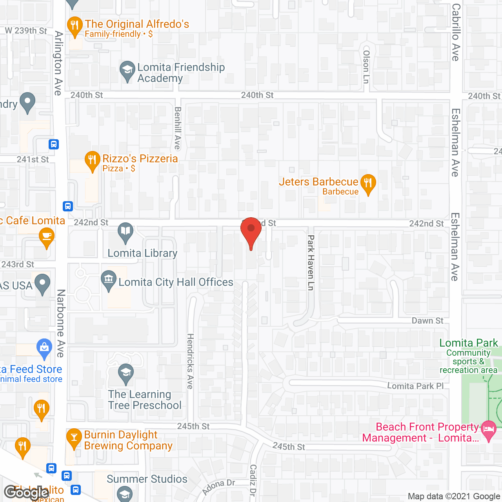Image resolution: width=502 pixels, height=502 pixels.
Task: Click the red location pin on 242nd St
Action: [251, 230]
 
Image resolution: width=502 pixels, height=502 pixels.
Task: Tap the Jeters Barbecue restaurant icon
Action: [368, 183]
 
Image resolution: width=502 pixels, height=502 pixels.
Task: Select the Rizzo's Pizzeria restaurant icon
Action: [92, 160]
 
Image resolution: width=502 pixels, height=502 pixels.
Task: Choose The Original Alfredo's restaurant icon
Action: [74, 25]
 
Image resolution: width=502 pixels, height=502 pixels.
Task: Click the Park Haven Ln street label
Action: [311, 262]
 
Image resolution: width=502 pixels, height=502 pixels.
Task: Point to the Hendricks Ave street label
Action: [190, 361]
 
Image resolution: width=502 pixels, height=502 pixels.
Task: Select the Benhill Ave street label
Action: [177, 128]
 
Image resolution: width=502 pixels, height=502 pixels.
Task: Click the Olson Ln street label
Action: [366, 66]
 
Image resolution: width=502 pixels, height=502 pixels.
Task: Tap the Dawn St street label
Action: [427, 321]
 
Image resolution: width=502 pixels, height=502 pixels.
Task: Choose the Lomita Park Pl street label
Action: [415, 386]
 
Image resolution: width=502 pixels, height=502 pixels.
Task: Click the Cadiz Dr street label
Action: [253, 480]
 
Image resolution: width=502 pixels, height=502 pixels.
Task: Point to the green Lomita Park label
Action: [468, 343]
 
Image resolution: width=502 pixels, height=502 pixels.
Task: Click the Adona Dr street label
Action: [218, 487]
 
